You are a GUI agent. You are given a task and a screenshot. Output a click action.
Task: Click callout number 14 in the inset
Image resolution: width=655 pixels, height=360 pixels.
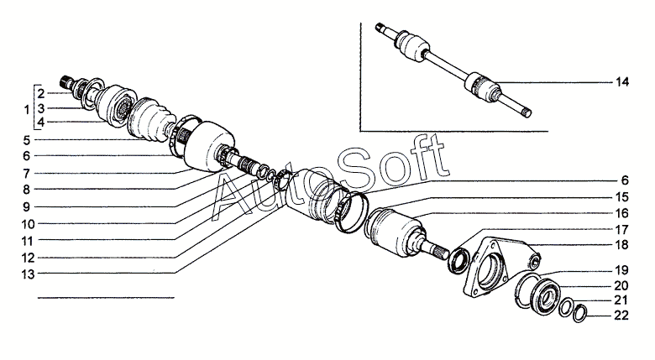(622, 82)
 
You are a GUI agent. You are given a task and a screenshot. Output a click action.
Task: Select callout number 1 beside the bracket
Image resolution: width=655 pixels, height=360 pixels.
(27, 109)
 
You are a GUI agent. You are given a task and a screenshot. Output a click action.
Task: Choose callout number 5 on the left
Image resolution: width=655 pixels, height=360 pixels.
(27, 139)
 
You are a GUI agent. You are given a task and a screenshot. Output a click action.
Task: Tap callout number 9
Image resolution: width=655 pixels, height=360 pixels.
(27, 206)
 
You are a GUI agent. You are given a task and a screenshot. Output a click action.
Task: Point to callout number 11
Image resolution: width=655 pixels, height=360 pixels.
(27, 240)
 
